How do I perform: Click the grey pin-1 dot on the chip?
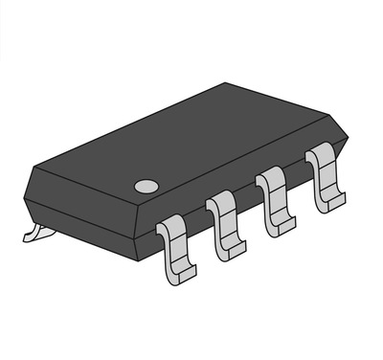(145, 185)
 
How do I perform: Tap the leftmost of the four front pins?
(175, 247)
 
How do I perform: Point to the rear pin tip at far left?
(34, 231)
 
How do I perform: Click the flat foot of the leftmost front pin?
(180, 274)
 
